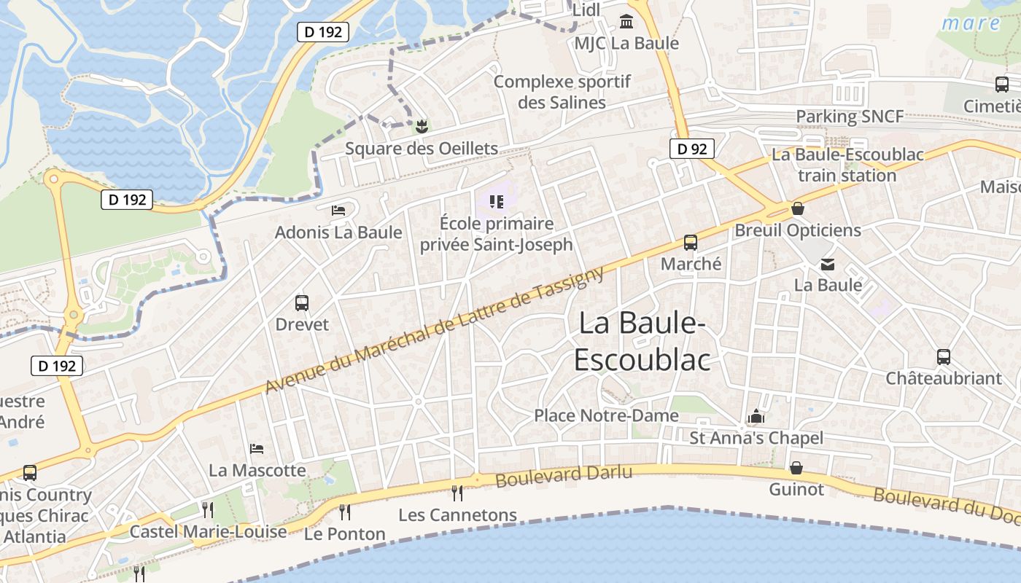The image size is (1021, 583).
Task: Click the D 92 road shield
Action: click(x=691, y=149)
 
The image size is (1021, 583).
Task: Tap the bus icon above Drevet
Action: click(x=302, y=302)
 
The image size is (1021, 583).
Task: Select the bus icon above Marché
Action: click(x=690, y=243)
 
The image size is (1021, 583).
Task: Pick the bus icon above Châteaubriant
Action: click(x=944, y=357)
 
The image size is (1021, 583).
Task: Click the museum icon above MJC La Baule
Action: click(x=626, y=21)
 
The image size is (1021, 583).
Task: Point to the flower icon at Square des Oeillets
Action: click(x=421, y=127)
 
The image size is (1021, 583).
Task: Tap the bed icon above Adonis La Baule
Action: click(x=338, y=211)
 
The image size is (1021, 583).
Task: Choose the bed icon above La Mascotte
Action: click(x=257, y=448)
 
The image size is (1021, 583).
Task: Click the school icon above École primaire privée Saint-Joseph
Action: click(x=497, y=201)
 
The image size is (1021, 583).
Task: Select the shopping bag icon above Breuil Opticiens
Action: click(x=798, y=208)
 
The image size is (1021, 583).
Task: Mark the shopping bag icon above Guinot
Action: click(x=796, y=467)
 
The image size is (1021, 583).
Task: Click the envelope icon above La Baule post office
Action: click(x=828, y=264)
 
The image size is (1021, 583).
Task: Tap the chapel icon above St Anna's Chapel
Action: click(x=756, y=417)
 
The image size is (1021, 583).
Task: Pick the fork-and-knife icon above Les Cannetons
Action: click(x=457, y=493)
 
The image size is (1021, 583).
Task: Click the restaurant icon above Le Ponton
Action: click(x=345, y=512)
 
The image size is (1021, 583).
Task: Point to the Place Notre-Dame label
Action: click(x=606, y=415)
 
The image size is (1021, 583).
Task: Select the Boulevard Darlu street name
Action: click(x=564, y=475)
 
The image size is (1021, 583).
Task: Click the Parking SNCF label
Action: click(x=850, y=116)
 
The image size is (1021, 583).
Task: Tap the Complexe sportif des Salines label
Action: click(x=562, y=92)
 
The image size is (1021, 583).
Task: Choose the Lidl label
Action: click(x=586, y=10)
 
